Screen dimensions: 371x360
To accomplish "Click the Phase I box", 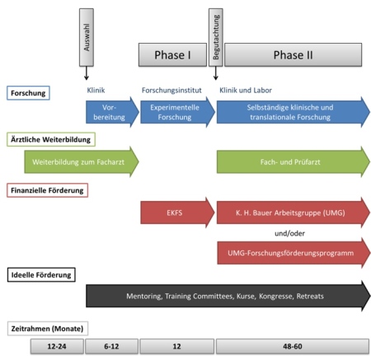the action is point(172,55).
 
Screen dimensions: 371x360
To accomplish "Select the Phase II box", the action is point(293,55).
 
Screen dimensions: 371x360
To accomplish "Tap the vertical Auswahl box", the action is point(87,37).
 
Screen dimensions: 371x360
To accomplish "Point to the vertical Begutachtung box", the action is point(216,37).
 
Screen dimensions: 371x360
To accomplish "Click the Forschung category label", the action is point(28,93).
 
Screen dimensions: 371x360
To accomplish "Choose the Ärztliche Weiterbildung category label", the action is point(51,139).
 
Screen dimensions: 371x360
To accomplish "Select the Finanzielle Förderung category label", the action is point(47,190).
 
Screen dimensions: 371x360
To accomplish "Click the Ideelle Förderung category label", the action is point(41,274).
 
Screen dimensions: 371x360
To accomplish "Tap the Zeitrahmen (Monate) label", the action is point(48,329).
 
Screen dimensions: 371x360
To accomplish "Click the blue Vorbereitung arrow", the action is point(112,112).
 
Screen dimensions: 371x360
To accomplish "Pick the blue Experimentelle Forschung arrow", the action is point(177,112).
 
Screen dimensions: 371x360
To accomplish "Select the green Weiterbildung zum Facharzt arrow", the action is point(82,161).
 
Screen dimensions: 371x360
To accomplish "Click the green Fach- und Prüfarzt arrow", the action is point(294,161).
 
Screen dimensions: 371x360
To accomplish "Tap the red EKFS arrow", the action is point(177,213).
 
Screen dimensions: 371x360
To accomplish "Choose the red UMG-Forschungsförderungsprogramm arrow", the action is point(294,253).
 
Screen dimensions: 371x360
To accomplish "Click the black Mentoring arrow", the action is point(228,296).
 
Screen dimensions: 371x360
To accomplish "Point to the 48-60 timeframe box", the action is point(293,346).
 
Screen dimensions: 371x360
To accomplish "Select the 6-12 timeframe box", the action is point(111,346).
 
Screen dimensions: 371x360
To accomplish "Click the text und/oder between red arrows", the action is point(289,233).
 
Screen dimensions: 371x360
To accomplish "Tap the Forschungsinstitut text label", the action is point(171,91).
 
